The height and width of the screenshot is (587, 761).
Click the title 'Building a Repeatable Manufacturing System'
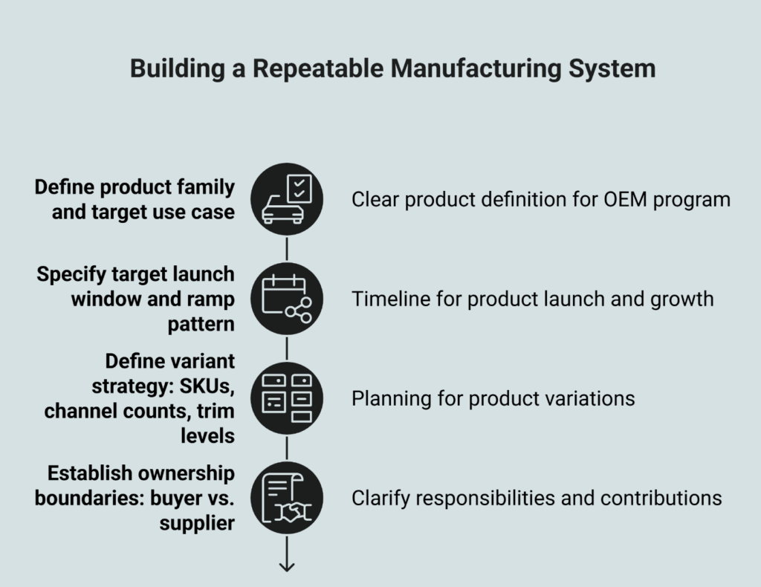click(392, 68)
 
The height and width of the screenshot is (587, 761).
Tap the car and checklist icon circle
click(287, 199)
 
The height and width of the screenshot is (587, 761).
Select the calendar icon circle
click(287, 299)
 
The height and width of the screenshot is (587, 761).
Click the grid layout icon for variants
click(287, 398)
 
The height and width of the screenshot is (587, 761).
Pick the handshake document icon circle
click(287, 497)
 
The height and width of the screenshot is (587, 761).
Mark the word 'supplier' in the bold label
click(197, 523)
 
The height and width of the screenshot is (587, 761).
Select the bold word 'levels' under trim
click(207, 435)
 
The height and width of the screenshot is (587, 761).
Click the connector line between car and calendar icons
click(287, 249)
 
